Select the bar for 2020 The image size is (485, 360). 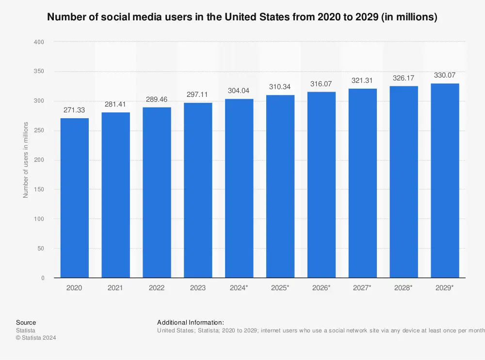click(x=74, y=198)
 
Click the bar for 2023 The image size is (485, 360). click(x=198, y=190)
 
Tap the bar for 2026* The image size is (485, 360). click(x=321, y=185)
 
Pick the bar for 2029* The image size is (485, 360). click(x=445, y=180)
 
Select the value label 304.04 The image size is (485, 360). click(x=239, y=90)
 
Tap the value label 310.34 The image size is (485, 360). click(x=280, y=87)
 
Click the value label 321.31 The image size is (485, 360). click(x=362, y=80)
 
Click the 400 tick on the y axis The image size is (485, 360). click(x=39, y=42)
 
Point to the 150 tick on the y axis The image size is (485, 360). click(x=39, y=189)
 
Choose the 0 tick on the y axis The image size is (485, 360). click(x=43, y=278)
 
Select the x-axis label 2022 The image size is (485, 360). click(x=157, y=288)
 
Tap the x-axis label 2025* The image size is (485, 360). click(x=280, y=288)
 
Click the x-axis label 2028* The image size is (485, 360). click(x=404, y=288)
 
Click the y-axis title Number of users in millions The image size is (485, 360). click(x=26, y=160)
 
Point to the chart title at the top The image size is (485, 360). click(x=242, y=17)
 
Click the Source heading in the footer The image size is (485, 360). click(x=26, y=322)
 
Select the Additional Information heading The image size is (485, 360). click(x=191, y=322)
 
